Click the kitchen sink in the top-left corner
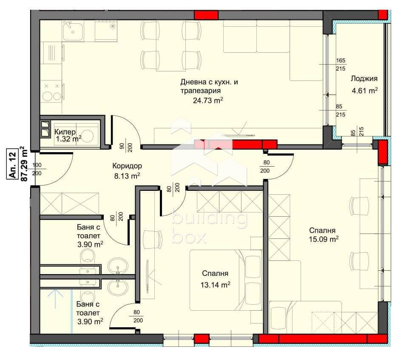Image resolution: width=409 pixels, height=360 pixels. [73, 31]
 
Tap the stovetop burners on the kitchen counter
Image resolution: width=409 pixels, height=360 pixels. [52, 92]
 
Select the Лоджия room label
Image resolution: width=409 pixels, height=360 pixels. [364, 79]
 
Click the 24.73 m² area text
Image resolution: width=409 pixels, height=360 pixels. [208, 100]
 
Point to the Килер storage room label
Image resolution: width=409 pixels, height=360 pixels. [65, 132]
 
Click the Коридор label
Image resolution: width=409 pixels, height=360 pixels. [127, 166]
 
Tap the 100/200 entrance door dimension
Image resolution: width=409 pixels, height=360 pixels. [37, 169]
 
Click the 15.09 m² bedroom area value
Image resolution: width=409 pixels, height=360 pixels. [324, 239]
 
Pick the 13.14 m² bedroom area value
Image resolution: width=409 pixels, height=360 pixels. [215, 285]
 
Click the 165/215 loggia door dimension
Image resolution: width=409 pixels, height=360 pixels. [341, 64]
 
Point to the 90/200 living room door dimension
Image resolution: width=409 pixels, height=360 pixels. [126, 147]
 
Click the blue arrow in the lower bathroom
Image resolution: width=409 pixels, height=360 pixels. [55, 298]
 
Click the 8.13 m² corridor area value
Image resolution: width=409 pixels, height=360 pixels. [127, 176]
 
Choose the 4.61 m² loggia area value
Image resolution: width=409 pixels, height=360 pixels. [365, 91]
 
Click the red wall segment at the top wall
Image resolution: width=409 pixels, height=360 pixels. [206, 15]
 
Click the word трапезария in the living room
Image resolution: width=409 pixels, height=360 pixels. [201, 91]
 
